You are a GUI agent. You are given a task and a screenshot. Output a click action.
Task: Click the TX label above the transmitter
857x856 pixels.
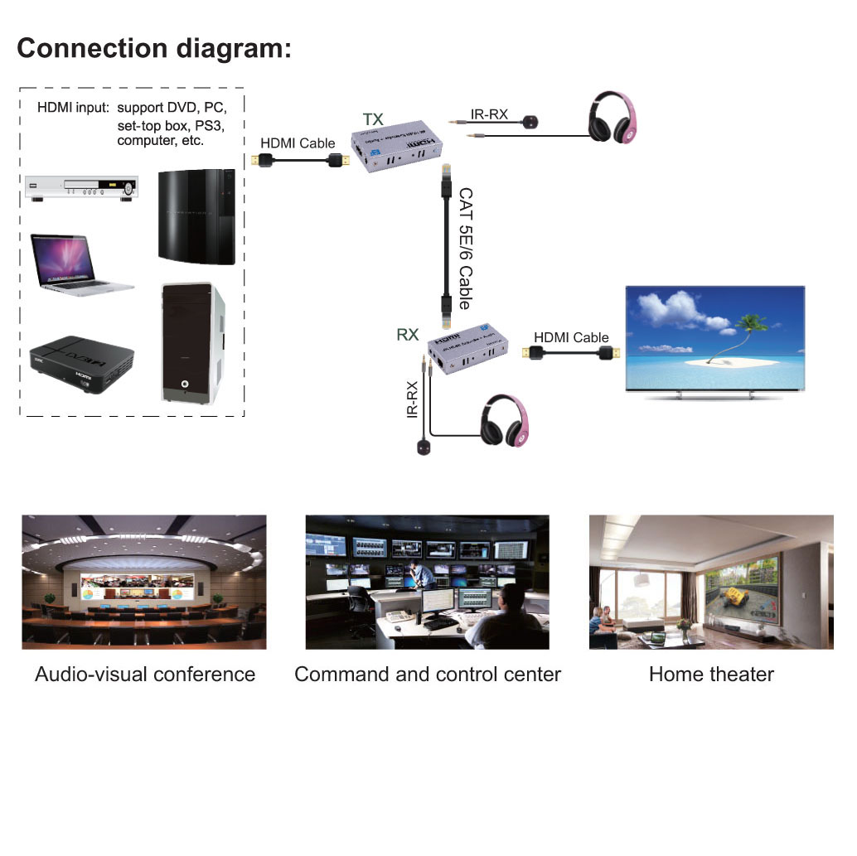point(373,119)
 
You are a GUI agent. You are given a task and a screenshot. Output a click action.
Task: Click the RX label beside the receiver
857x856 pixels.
point(408,335)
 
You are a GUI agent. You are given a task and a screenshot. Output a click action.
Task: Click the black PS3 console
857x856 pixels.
point(196,215)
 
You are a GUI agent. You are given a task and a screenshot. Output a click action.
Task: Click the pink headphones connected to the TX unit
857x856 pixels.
point(613,120)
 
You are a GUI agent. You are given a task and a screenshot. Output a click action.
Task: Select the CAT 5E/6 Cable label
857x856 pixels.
point(465,248)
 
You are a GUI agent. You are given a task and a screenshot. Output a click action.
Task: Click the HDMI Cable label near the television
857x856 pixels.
point(571,337)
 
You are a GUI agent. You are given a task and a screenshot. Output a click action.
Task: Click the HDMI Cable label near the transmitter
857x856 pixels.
point(298,143)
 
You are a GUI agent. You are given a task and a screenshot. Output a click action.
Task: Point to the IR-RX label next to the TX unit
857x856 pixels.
point(489,114)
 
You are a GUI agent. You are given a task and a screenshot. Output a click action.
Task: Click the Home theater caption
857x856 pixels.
point(711,675)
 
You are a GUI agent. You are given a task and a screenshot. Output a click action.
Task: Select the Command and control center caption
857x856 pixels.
point(427,675)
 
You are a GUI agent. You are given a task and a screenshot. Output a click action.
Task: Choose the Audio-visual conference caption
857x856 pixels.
point(145,675)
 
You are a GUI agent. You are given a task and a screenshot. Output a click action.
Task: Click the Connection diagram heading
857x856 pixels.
point(154,47)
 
